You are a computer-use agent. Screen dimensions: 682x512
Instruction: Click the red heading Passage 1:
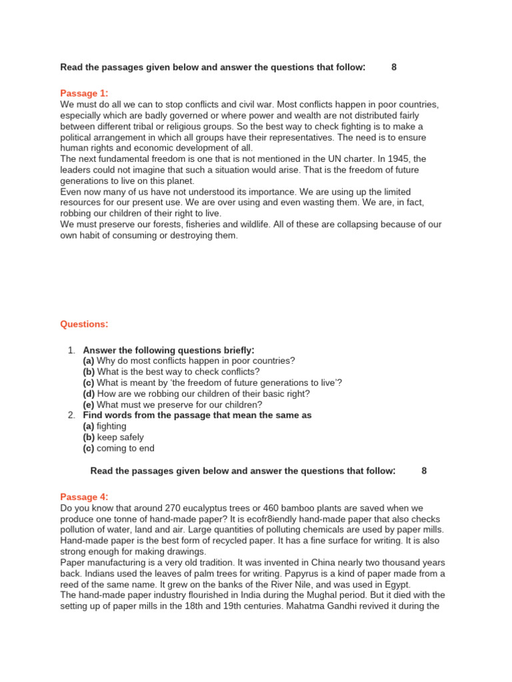point(84,93)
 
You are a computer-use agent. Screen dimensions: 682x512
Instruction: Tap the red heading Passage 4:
point(84,497)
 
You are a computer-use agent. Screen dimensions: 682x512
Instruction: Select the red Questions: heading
point(84,324)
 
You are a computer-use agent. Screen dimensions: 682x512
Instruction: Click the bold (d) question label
point(89,394)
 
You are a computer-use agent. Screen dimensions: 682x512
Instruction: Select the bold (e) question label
point(89,404)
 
